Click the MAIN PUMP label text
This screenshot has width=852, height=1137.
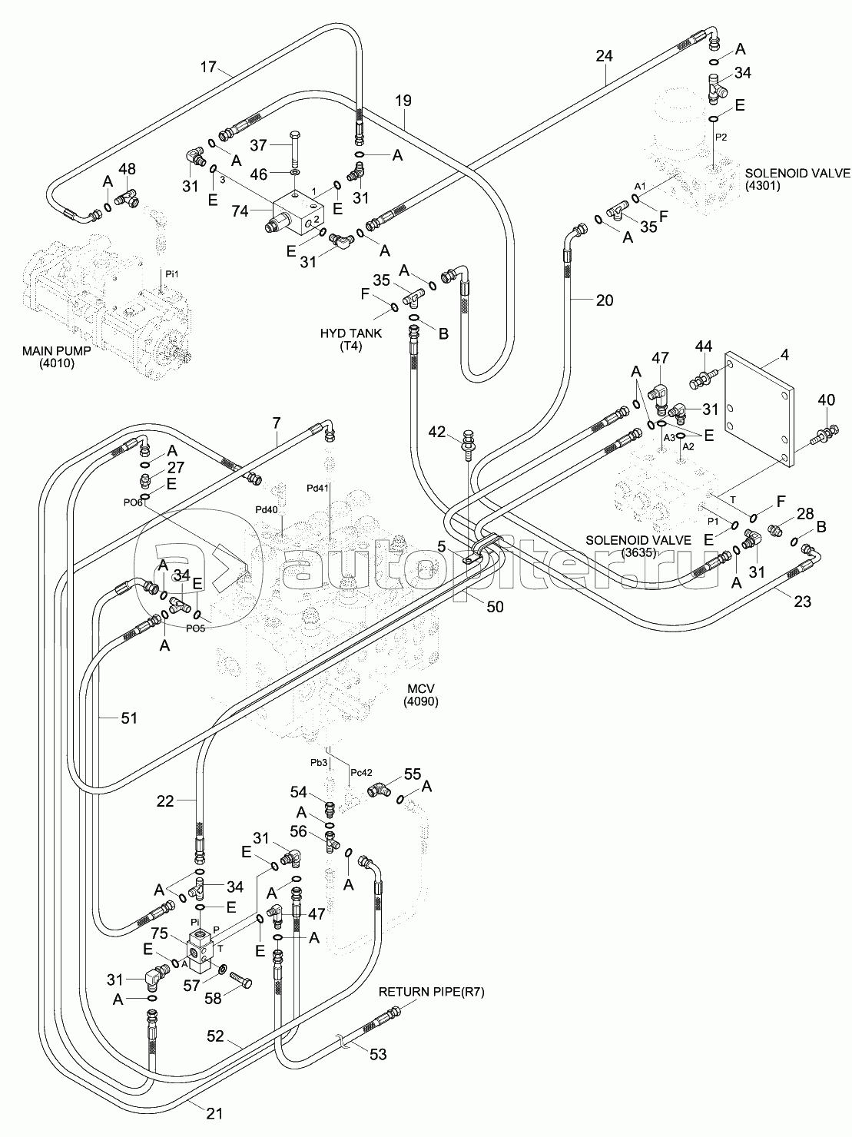click(56, 350)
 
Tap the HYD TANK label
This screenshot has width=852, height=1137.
click(350, 333)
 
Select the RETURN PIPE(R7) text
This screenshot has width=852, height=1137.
click(432, 992)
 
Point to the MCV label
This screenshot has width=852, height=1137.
click(420, 688)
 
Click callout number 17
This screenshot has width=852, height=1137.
click(208, 68)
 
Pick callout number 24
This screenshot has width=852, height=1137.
click(604, 55)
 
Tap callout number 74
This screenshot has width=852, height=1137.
click(240, 210)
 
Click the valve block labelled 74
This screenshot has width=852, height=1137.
click(294, 212)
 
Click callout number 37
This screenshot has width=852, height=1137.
click(258, 145)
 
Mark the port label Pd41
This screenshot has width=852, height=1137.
click(317, 488)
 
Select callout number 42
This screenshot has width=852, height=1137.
click(437, 432)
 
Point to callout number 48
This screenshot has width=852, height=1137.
click(127, 168)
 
